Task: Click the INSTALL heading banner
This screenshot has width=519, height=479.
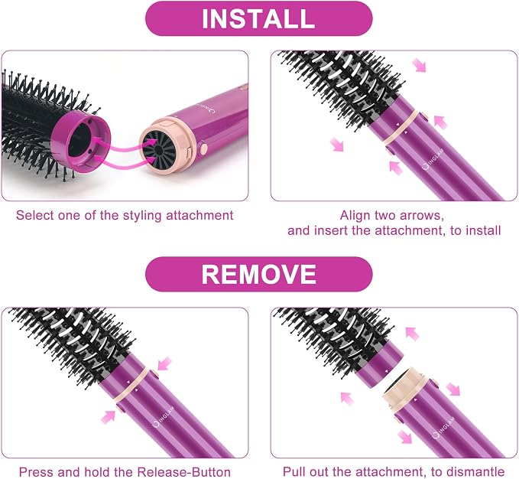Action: click(x=259, y=18)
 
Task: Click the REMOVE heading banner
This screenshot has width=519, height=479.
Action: click(x=259, y=274)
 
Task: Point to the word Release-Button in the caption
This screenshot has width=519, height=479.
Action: click(x=183, y=471)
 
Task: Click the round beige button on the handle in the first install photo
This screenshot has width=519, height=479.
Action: click(x=203, y=148)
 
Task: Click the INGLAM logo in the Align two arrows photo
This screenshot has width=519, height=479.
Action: click(x=433, y=158)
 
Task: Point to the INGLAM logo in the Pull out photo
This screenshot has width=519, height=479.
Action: click(x=443, y=428)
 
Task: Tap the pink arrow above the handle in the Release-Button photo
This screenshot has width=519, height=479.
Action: click(x=164, y=363)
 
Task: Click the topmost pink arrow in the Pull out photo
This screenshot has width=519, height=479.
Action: click(x=412, y=334)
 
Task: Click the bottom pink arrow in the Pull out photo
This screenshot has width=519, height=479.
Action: click(x=405, y=436)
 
